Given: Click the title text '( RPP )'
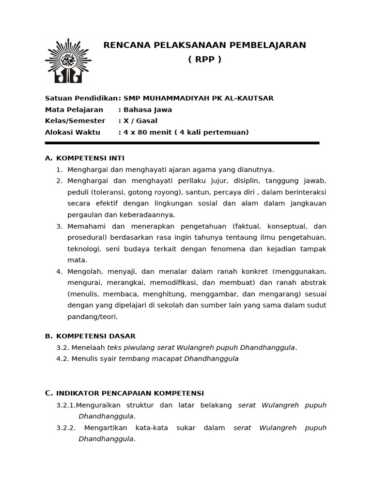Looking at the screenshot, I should (204, 60).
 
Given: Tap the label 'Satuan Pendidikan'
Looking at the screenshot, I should (81, 98).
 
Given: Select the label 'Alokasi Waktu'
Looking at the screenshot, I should (73, 132).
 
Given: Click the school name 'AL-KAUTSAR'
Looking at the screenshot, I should (252, 98).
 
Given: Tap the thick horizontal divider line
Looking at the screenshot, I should (182, 143).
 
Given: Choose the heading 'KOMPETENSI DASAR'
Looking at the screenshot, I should (96, 336).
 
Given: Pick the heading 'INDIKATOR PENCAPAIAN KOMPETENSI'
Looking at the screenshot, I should (130, 393).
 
